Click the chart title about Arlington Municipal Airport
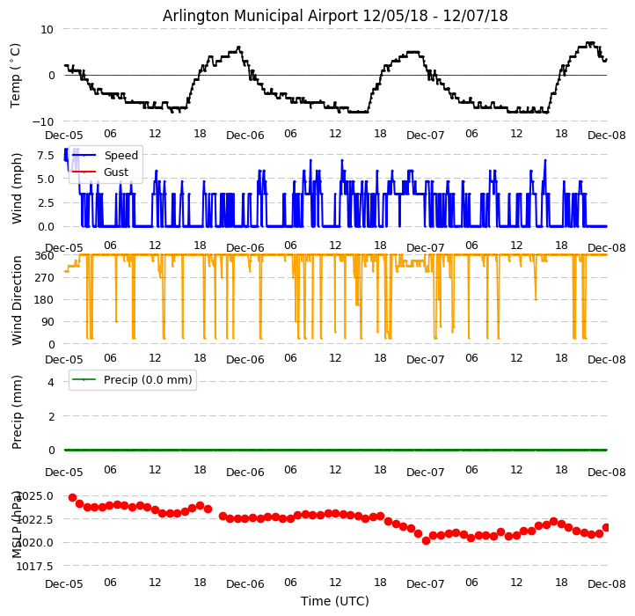coord(335,16)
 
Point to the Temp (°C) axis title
coord(16,75)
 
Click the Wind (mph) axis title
coord(18,187)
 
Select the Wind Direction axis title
coord(18,299)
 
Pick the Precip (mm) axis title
coord(18,412)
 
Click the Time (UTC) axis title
coord(335,601)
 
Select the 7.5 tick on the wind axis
coord(46,155)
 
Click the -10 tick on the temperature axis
coord(43,121)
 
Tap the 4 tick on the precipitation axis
coord(51,382)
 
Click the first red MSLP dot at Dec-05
coord(72,497)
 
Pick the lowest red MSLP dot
coord(426,540)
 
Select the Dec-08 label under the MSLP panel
coord(607,583)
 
